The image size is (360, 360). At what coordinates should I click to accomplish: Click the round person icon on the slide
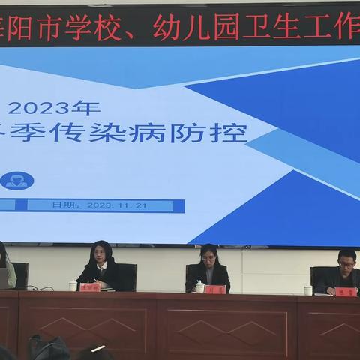pyautogui.click(x=16, y=180)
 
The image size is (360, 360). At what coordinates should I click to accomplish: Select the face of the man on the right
pyautogui.click(x=346, y=264)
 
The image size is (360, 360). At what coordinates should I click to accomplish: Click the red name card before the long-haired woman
pyautogui.click(x=89, y=286)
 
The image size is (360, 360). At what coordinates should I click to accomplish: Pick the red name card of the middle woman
pyautogui.click(x=214, y=289)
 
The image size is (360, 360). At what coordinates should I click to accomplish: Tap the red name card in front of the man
pyautogui.click(x=346, y=291)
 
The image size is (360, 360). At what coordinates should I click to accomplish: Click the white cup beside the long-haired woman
pyautogui.click(x=73, y=285)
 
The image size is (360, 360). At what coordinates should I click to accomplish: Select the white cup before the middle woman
pyautogui.click(x=199, y=286)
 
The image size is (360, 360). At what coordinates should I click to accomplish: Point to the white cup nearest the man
pyautogui.click(x=308, y=289)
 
